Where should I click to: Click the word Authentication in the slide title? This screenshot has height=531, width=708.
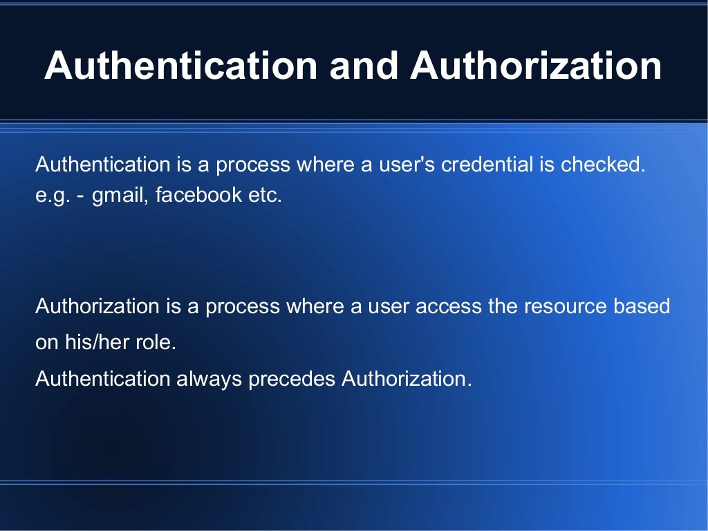pos(180,66)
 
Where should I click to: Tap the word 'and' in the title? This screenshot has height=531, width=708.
pos(364,66)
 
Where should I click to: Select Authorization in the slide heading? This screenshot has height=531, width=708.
pos(536,66)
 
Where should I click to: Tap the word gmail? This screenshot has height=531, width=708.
pos(118,196)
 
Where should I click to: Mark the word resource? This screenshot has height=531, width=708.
pos(563,306)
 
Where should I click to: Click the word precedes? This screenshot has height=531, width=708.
pos(292,379)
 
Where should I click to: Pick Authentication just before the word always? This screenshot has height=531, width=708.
pos(102,379)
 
